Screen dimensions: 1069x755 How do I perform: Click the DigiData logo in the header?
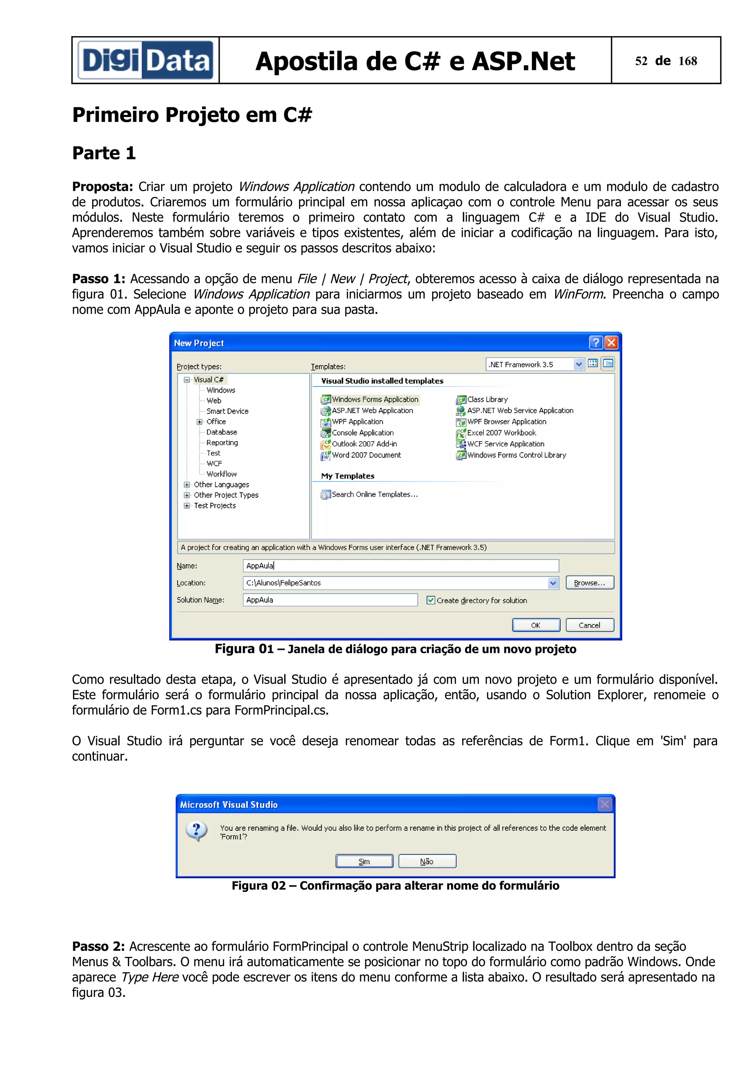point(145,60)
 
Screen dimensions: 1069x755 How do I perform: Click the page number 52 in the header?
point(641,61)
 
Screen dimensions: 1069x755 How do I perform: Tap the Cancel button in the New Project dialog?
point(589,625)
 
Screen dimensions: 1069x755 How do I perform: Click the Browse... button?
point(589,583)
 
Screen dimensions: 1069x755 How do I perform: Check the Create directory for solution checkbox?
point(431,600)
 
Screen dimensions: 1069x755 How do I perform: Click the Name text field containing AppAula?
point(400,566)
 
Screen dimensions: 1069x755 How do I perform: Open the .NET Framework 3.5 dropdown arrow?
point(578,364)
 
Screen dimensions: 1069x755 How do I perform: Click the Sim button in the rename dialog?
point(364,861)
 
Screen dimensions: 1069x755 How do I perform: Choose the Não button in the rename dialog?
point(427,861)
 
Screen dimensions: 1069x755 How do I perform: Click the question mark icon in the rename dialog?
point(197,831)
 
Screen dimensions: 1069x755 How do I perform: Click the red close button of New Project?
point(611,343)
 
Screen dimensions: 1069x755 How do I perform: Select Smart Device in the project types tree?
point(227,411)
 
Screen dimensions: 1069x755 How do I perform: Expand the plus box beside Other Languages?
point(187,485)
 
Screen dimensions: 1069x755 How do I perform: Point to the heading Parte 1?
point(104,153)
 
